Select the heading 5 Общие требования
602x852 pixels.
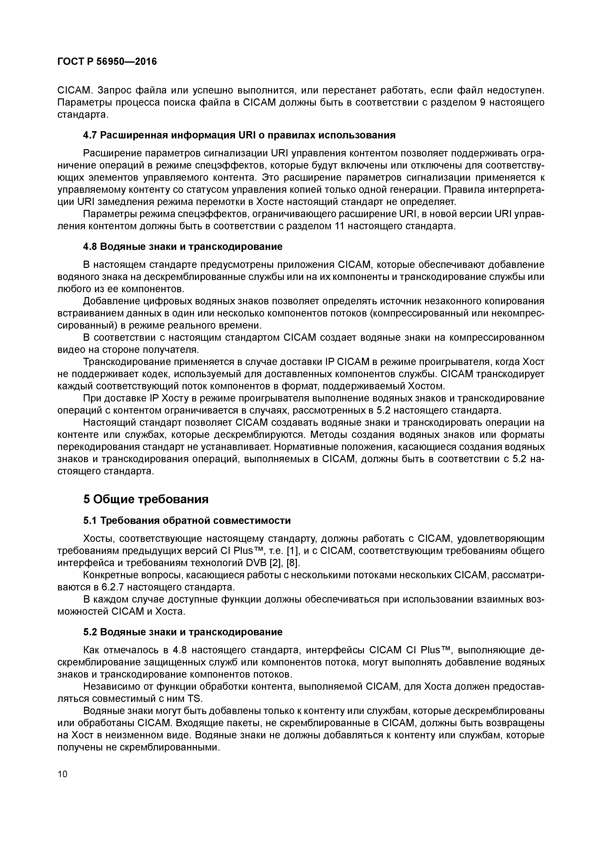146,500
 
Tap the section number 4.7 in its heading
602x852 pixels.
90,135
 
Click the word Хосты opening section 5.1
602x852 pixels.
98,539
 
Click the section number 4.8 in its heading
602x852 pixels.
90,247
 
